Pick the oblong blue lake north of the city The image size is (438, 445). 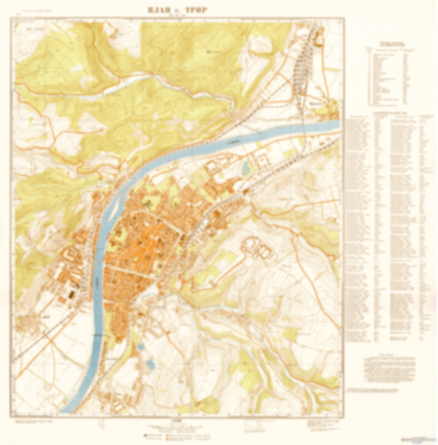click(x=246, y=168)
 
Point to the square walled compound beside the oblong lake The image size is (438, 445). click(x=263, y=160)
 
